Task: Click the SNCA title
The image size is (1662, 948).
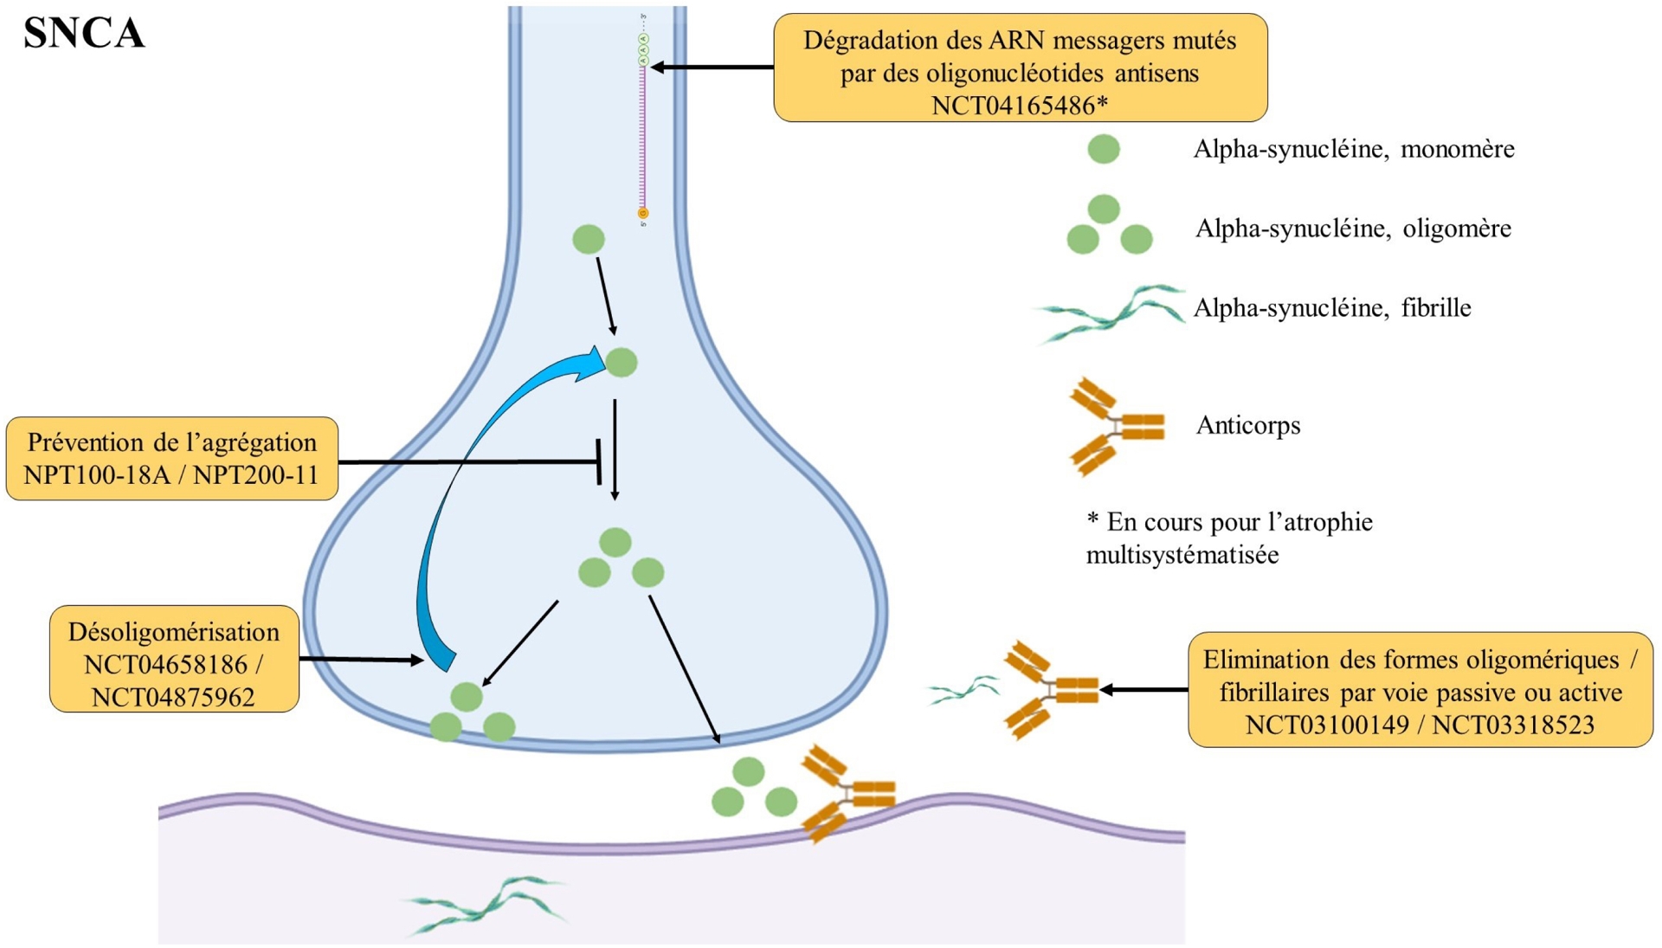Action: (x=84, y=33)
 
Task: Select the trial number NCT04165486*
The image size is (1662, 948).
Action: (x=1019, y=106)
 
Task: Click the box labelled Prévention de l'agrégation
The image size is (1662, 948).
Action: (x=171, y=458)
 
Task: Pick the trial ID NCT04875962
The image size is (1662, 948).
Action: (x=173, y=697)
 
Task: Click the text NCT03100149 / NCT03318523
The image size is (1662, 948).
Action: (x=1420, y=725)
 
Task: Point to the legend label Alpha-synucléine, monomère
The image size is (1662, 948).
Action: (x=1353, y=149)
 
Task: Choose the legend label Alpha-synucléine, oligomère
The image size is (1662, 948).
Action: (x=1353, y=229)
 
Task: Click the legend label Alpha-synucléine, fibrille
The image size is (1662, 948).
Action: (x=1332, y=308)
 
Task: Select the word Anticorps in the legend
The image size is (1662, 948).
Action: (x=1247, y=425)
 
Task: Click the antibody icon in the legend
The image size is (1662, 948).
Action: (x=1116, y=426)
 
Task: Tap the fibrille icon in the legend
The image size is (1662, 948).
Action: (x=1110, y=313)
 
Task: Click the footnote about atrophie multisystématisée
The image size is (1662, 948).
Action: (x=1229, y=538)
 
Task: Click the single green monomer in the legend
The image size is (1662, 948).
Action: (x=1104, y=149)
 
